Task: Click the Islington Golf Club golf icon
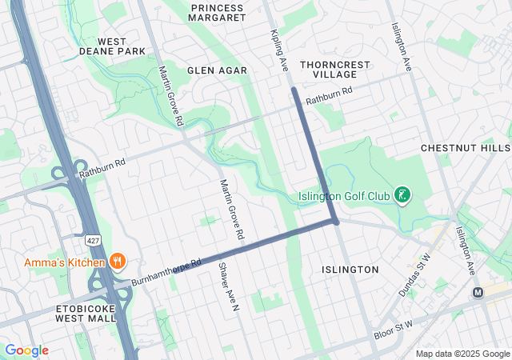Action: [403, 195]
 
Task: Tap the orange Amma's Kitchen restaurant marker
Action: [118, 261]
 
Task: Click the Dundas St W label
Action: [414, 275]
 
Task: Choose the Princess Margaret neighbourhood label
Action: [218, 12]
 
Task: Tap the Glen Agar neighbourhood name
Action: [217, 70]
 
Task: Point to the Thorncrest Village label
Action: [329, 68]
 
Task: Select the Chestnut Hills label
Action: [465, 149]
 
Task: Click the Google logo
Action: [26, 350]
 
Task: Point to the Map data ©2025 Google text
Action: [462, 354]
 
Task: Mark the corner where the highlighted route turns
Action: [335, 221]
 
